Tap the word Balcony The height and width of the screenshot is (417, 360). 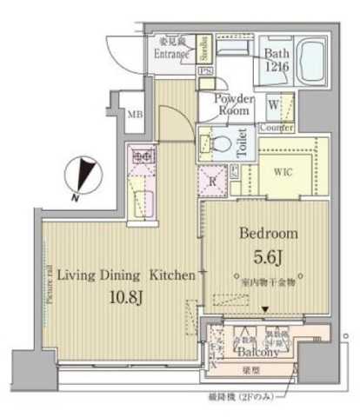(256, 352)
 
